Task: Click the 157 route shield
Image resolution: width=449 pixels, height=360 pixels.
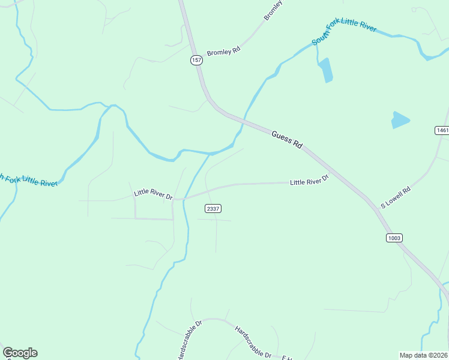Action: (x=196, y=60)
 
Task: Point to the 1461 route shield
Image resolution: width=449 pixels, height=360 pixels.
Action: (x=442, y=130)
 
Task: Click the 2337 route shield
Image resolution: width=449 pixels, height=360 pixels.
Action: (x=212, y=208)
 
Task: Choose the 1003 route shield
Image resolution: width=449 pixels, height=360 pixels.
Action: (x=394, y=238)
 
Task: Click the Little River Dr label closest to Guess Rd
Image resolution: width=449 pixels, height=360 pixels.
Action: (x=310, y=180)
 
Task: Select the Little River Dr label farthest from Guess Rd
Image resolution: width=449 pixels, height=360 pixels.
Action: (x=153, y=194)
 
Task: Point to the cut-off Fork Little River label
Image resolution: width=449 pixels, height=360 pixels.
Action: (x=28, y=180)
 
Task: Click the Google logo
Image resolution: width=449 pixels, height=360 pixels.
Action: (x=20, y=353)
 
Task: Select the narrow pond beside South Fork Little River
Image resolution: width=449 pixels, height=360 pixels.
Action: (x=326, y=70)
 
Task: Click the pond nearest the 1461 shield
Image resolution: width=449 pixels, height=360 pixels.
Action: (x=400, y=120)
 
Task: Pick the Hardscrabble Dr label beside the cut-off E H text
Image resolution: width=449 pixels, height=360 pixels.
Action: (x=253, y=343)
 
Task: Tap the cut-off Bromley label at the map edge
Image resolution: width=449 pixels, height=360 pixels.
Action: (x=273, y=10)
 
